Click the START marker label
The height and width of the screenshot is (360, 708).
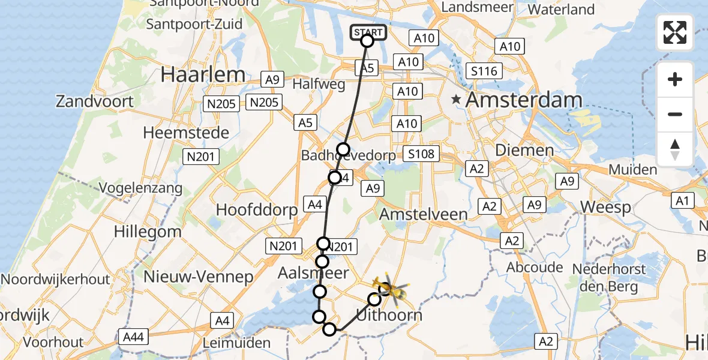(367, 32)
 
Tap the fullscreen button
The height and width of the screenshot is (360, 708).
(675, 32)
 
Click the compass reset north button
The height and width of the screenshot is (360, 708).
(675, 149)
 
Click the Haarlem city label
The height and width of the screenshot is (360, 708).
(203, 75)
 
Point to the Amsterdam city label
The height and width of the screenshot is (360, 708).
(524, 100)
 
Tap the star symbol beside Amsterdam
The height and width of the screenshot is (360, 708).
(457, 100)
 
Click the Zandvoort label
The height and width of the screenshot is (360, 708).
(95, 101)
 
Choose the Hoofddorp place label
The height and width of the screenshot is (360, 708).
(257, 210)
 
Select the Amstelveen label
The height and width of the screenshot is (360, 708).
(424, 214)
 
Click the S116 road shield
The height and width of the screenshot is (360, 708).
(484, 72)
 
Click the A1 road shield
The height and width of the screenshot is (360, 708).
(682, 200)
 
